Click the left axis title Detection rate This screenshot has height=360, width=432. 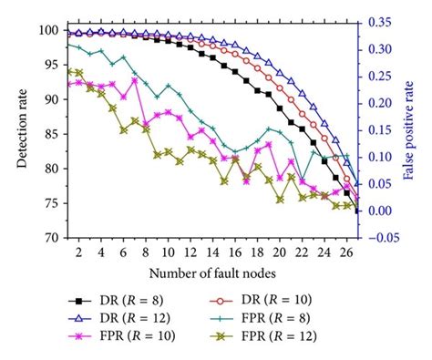(x=20, y=132)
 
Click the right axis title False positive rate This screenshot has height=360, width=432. (x=414, y=132)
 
